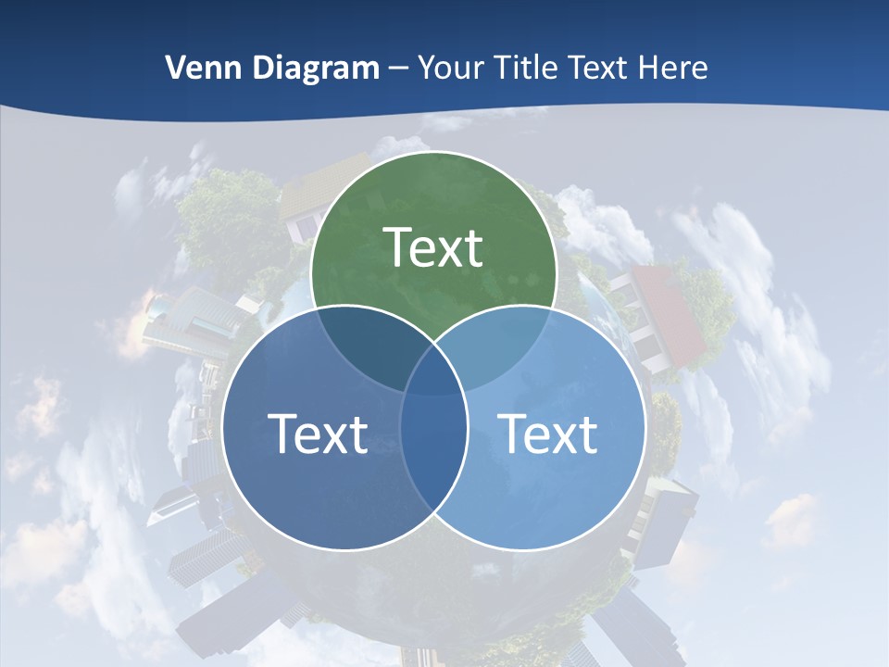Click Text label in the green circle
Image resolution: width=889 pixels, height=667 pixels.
pyautogui.click(x=433, y=247)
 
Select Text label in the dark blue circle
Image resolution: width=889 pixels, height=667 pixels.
pyautogui.click(x=318, y=434)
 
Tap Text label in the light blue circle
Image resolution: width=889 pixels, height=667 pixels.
pyautogui.click(x=548, y=434)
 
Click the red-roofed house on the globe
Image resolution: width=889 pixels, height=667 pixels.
pyautogui.click(x=667, y=315)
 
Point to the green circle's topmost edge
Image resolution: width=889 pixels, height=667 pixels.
pyautogui.click(x=433, y=152)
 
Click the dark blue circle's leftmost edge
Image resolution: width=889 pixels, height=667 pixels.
pyautogui.click(x=223, y=427)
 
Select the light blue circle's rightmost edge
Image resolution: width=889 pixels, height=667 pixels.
pyautogui.click(x=645, y=427)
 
